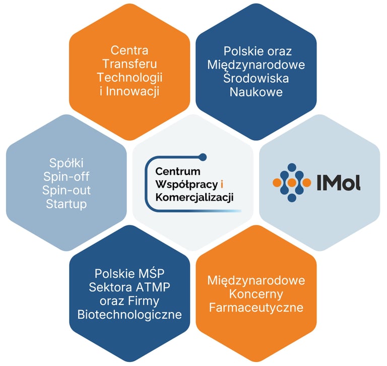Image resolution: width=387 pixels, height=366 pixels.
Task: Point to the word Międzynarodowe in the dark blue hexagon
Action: pos(256,65)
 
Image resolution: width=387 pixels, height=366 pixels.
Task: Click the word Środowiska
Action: pos(256,79)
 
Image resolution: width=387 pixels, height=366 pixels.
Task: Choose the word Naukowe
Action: pos(256,92)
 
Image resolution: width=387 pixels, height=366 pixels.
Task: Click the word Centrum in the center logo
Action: pos(178,171)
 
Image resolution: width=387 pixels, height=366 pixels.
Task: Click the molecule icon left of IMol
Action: pos(291,182)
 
